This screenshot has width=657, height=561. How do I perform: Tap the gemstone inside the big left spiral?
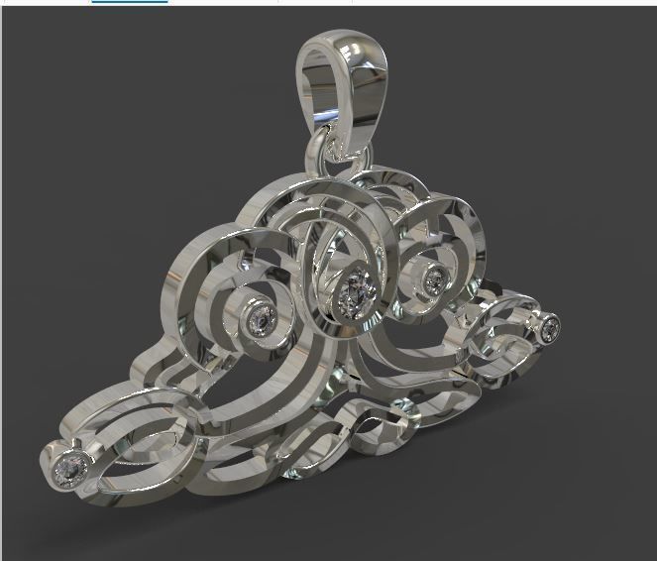point(263,319)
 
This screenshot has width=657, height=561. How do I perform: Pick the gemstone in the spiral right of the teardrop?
point(434,280)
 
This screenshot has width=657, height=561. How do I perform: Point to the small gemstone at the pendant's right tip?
point(549,326)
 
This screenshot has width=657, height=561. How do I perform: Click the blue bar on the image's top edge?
point(129,2)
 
